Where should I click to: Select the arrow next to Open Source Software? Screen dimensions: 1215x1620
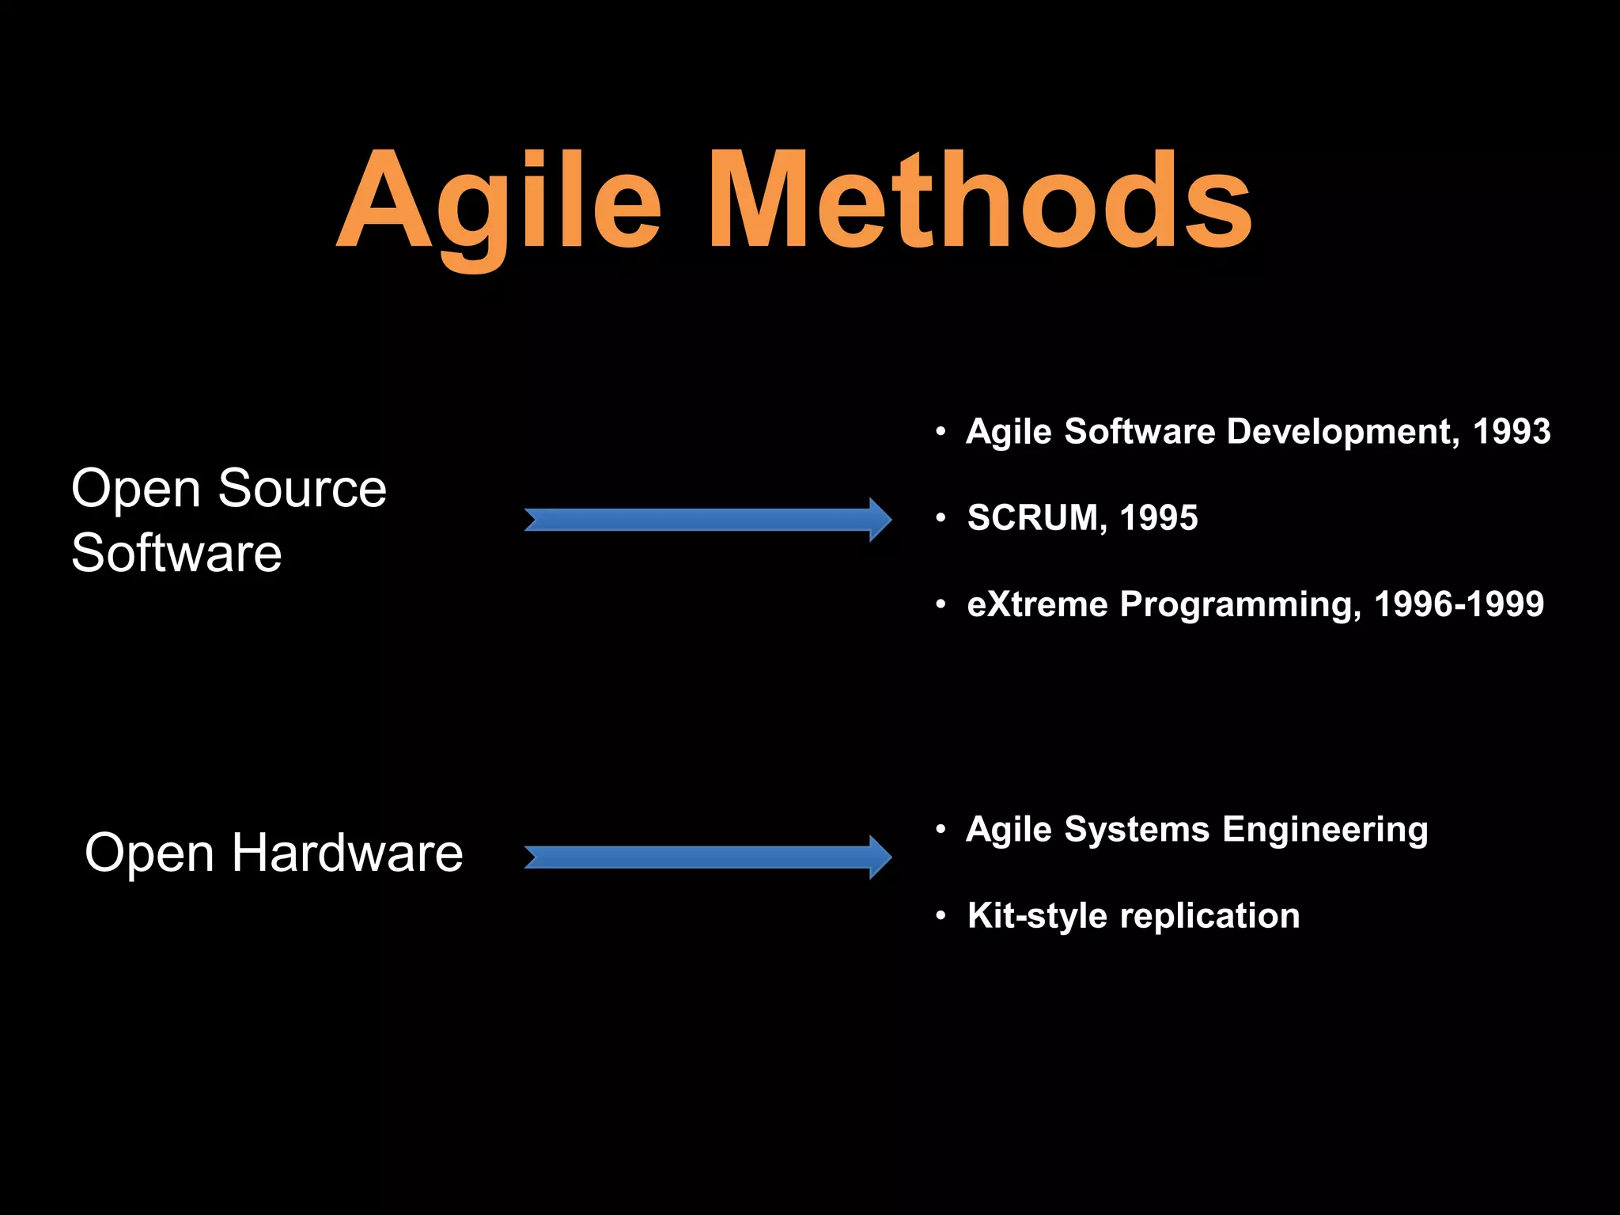(x=708, y=520)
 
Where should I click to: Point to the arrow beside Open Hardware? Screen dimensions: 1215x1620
(x=708, y=857)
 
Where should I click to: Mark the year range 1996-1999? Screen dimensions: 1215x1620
(x=1459, y=604)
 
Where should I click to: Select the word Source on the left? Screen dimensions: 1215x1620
(x=301, y=488)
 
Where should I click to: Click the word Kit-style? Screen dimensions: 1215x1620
(x=1037, y=916)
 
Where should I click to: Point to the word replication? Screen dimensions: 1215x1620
(x=1210, y=916)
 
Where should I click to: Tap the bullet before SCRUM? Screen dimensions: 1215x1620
(x=941, y=519)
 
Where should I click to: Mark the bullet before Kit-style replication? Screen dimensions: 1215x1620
(x=941, y=916)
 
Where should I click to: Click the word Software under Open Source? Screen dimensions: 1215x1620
(x=176, y=552)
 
